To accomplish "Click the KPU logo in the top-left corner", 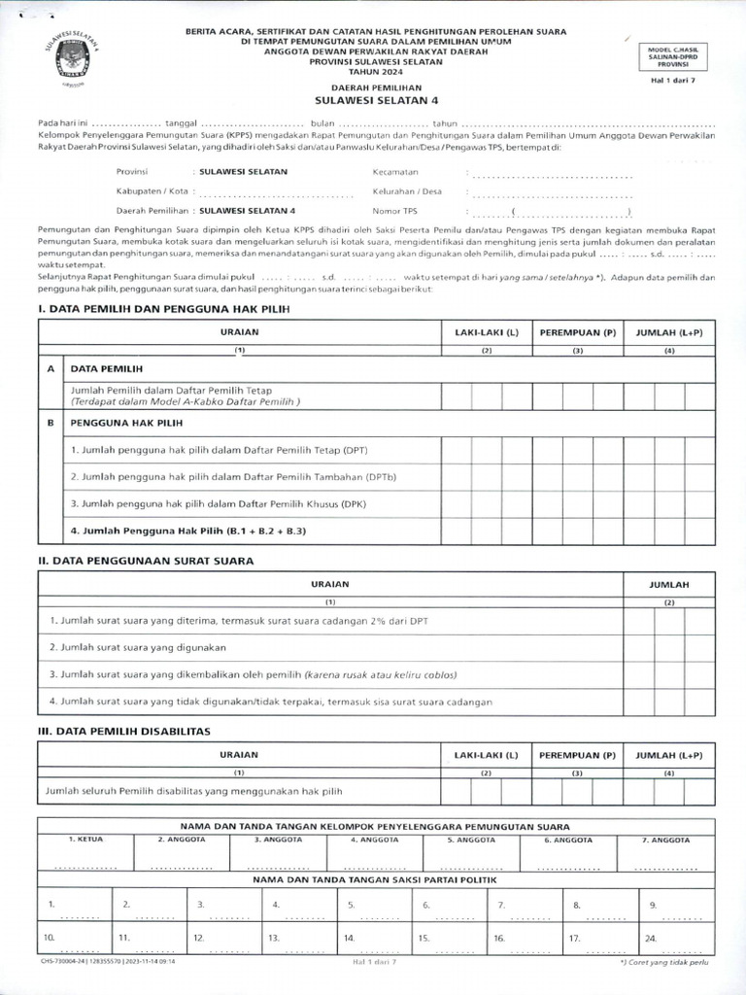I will point(67,59).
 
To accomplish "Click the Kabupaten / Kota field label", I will point(149,190).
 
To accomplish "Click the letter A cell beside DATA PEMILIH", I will point(50,369).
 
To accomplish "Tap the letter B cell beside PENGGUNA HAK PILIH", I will point(50,424).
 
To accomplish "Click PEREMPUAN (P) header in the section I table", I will point(578,332).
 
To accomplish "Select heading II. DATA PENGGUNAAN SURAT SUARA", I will point(145,561).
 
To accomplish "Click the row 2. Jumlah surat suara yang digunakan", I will point(138,646).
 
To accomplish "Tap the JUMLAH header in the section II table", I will point(668,584).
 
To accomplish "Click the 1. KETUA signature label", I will point(85,838).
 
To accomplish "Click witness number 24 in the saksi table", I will point(650,938).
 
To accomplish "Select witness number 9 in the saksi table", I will point(653,904).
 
